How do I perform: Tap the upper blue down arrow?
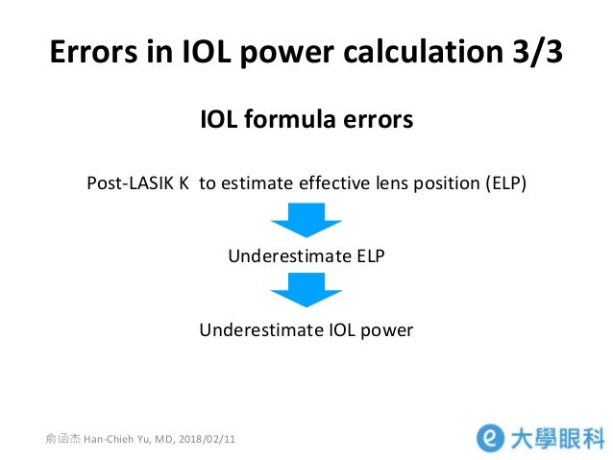[306, 219]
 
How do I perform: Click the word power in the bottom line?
[386, 329]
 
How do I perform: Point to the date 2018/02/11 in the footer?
[207, 440]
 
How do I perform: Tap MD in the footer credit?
[162, 440]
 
